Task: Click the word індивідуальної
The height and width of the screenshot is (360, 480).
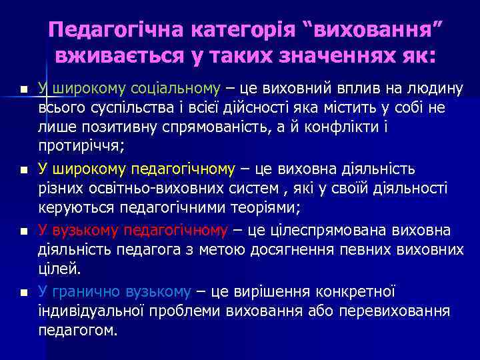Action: pyautogui.click(x=84, y=311)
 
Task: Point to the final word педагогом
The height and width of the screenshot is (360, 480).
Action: pyautogui.click(x=78, y=331)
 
